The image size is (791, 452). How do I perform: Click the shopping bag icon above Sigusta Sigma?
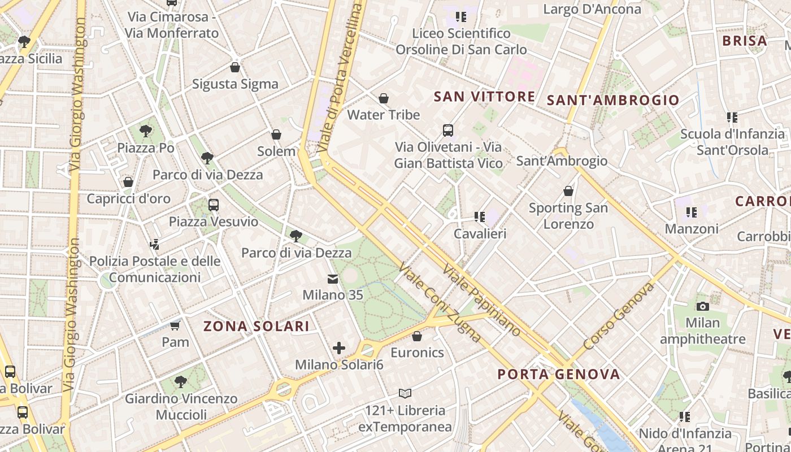(x=235, y=68)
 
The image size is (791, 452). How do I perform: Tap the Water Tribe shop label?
(x=383, y=115)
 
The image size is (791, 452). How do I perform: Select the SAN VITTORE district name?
(x=484, y=97)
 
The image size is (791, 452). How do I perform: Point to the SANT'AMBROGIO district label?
(x=613, y=101)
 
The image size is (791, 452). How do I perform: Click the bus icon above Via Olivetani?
(x=448, y=131)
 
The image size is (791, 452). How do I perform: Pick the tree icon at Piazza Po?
(x=146, y=132)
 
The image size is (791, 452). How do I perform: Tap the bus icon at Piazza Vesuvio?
(x=214, y=205)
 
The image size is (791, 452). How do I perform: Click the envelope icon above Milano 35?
(x=333, y=279)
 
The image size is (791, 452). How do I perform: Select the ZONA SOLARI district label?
(x=257, y=326)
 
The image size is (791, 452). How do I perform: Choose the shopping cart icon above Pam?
(x=175, y=325)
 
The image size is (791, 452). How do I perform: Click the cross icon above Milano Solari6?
(x=339, y=348)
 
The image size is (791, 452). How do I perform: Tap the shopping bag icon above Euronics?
(x=417, y=336)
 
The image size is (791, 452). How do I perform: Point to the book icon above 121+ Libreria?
(x=405, y=393)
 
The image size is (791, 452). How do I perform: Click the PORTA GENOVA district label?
(x=559, y=374)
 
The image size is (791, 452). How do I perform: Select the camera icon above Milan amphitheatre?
(x=703, y=306)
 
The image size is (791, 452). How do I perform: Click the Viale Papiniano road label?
(x=481, y=301)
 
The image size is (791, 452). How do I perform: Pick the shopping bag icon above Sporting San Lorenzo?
(x=568, y=192)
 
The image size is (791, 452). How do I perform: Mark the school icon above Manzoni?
(x=692, y=212)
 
